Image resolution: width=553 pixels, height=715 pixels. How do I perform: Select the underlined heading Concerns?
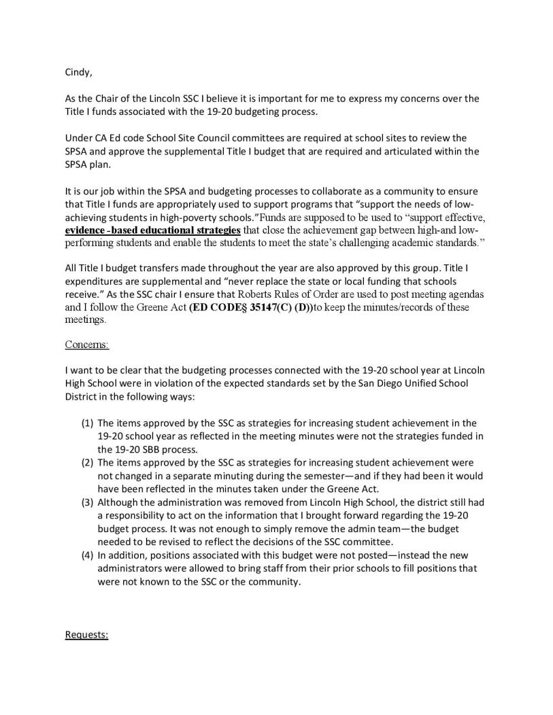coord(86,344)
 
